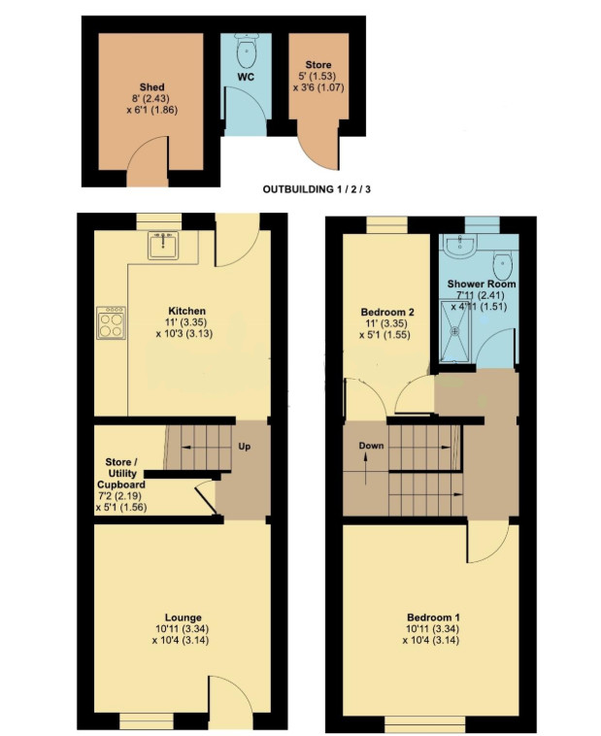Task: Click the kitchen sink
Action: tap(163, 245)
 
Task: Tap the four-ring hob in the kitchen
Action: tap(112, 322)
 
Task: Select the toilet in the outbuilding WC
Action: tap(246, 51)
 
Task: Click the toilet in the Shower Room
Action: tap(502, 266)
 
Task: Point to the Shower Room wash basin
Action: tap(460, 246)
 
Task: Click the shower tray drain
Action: tap(454, 331)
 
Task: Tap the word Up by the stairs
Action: tap(244, 446)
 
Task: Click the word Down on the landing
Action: tap(371, 446)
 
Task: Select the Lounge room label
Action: tap(184, 618)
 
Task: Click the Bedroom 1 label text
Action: tap(433, 618)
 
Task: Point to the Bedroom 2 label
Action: tap(387, 312)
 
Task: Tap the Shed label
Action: tap(152, 86)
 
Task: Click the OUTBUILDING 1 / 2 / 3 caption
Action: tap(317, 189)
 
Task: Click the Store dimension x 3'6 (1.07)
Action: tap(318, 87)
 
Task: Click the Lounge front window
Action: tap(146, 720)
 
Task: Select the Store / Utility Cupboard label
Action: tap(121, 473)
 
